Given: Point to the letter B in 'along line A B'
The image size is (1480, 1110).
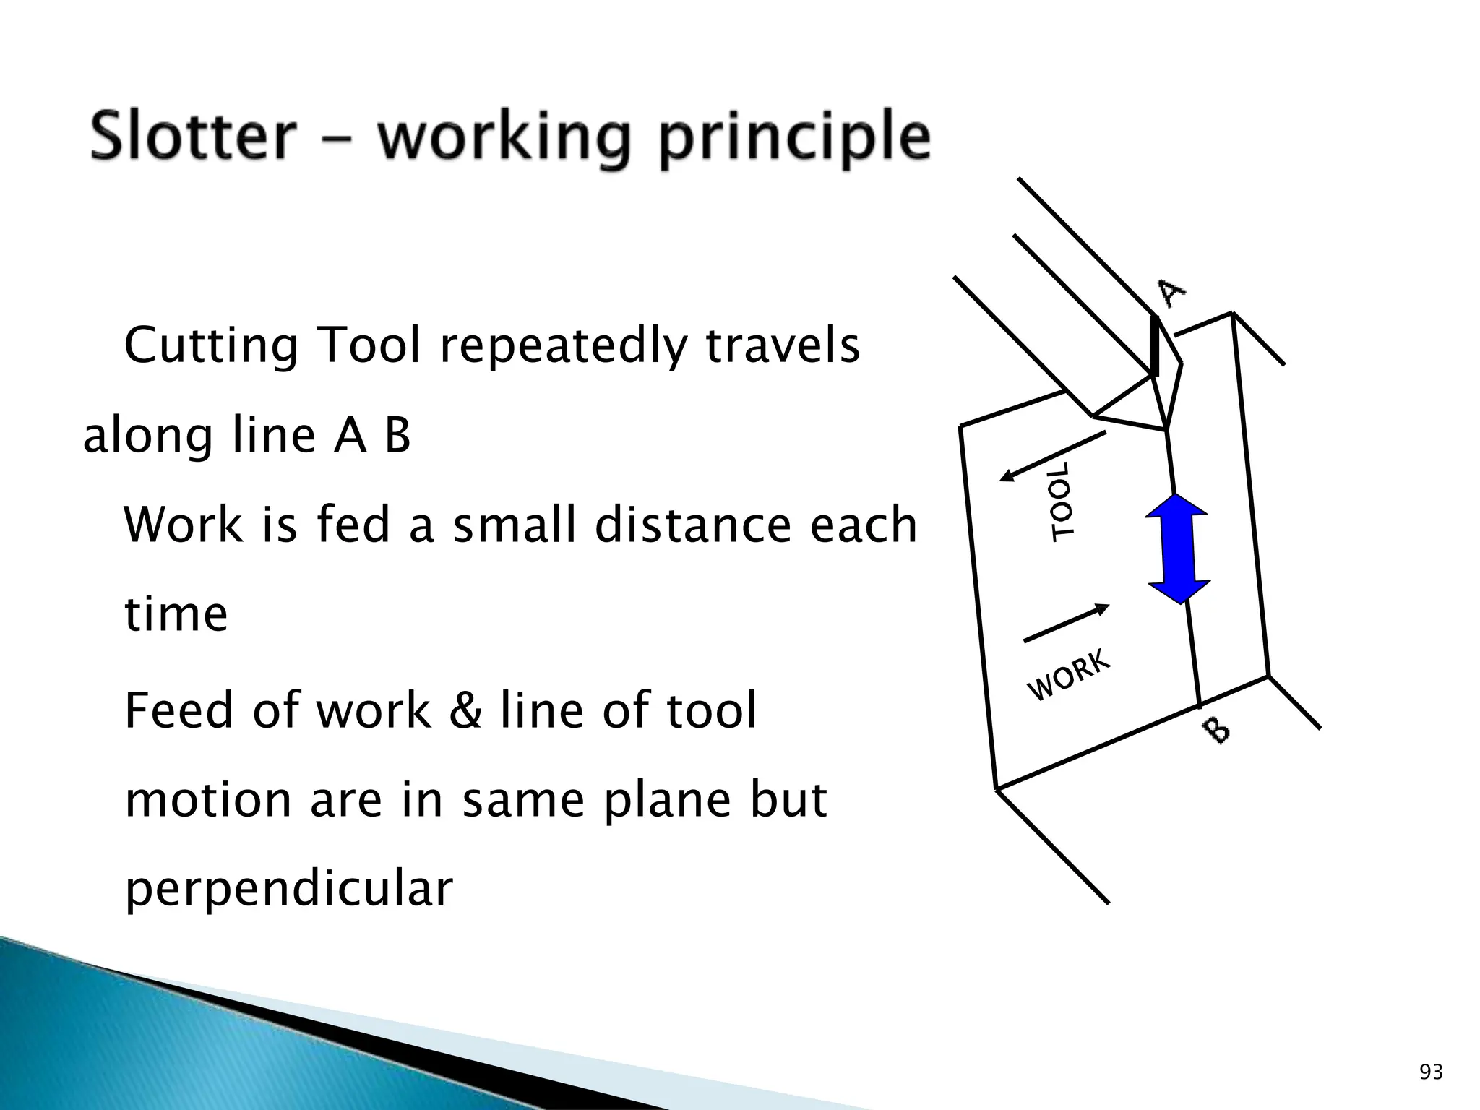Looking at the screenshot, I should coord(397,436).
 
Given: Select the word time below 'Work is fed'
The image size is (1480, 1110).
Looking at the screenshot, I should coord(176,614).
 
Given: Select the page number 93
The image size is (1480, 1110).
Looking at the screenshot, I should coord(1431,1072).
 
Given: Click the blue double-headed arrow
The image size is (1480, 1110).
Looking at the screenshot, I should coord(1178,548).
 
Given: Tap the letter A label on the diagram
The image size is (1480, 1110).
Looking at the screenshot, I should coord(1171,293).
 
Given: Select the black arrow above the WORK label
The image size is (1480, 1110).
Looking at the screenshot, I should coord(1066,623).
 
